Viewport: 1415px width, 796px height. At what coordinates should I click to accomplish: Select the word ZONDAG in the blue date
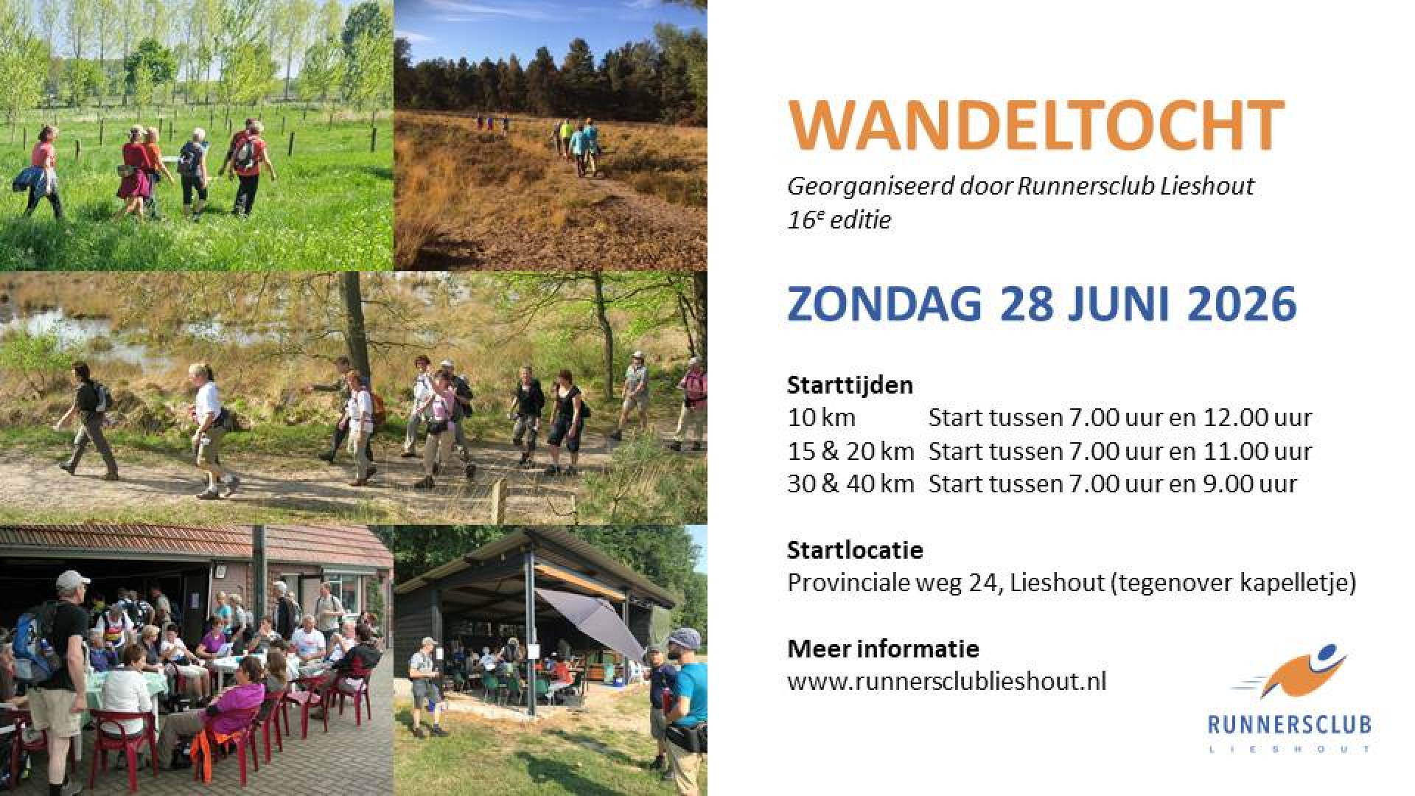pyautogui.click(x=884, y=304)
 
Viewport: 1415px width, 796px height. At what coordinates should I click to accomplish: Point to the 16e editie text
pyautogui.click(x=839, y=219)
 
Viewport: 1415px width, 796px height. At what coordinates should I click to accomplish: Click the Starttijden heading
pyautogui.click(x=850, y=385)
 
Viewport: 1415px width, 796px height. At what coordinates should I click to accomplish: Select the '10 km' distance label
pyautogui.click(x=821, y=418)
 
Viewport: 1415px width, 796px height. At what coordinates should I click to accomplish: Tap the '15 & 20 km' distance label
pyautogui.click(x=850, y=451)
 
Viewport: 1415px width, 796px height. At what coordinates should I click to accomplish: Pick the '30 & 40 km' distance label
pyautogui.click(x=850, y=484)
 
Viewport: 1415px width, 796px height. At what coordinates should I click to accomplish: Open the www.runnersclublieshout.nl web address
pyautogui.click(x=947, y=681)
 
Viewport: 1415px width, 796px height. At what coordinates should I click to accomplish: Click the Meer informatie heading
pyautogui.click(x=883, y=649)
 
